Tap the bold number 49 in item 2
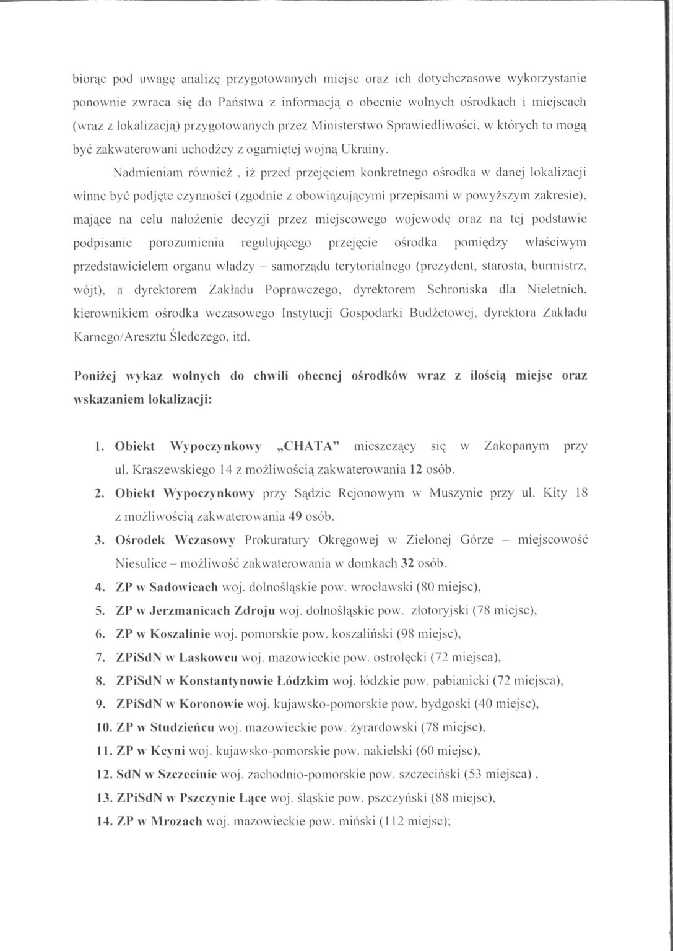289,515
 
